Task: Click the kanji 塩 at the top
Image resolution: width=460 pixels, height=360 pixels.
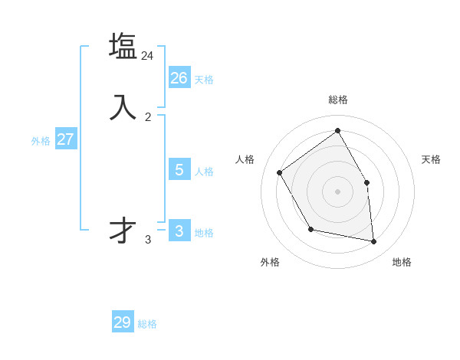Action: (x=123, y=46)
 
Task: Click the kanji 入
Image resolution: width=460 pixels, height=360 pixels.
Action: (x=123, y=107)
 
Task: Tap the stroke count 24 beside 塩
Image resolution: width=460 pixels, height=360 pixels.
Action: (x=148, y=56)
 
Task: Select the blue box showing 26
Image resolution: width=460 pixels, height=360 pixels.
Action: (x=179, y=77)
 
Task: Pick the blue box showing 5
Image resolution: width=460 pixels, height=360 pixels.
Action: (x=179, y=169)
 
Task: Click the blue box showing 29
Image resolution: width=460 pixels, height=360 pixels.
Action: (x=123, y=322)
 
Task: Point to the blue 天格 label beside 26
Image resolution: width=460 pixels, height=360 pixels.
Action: (x=204, y=80)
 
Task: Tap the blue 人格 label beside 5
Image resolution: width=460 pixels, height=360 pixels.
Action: (x=204, y=172)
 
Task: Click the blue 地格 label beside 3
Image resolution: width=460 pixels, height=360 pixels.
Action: (x=204, y=233)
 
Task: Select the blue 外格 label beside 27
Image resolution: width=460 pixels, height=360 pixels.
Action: (x=41, y=141)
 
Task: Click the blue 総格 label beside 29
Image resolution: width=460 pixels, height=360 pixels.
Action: (x=147, y=325)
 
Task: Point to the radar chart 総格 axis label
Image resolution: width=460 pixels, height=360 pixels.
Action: (x=338, y=100)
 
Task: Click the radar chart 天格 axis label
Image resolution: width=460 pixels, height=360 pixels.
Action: (x=431, y=159)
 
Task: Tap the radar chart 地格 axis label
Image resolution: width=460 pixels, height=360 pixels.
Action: (x=402, y=262)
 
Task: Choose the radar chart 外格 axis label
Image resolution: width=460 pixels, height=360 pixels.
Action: (x=270, y=262)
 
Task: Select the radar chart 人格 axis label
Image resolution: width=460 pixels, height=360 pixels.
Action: (x=245, y=159)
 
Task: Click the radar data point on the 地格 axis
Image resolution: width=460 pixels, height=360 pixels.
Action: (x=374, y=242)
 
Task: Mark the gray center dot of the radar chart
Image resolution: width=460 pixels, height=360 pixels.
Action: (x=337, y=191)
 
